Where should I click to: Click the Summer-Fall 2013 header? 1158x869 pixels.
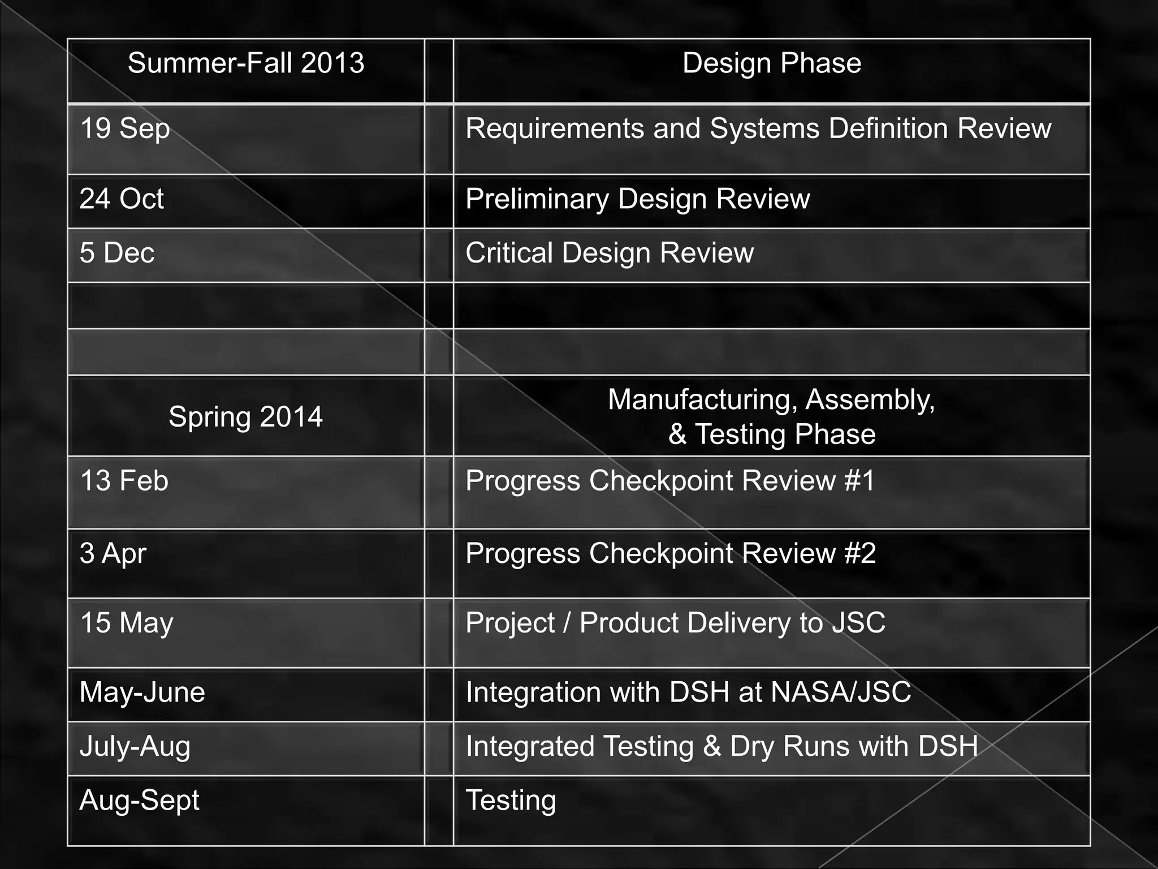coord(246,63)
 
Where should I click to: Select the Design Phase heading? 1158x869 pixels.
coord(772,63)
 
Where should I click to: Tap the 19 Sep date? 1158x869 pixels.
coord(125,128)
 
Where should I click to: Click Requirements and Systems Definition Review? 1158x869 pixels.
coord(758,128)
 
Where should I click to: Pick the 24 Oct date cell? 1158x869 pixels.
coord(122,199)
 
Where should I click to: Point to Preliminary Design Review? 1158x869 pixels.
coord(637,199)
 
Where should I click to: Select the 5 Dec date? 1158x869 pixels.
coord(117,252)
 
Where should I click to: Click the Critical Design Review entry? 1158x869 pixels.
coord(610,252)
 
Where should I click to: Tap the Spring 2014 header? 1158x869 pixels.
coord(246,417)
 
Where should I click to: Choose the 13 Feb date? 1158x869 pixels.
coord(124,481)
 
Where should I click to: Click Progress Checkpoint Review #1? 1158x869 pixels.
coord(670,481)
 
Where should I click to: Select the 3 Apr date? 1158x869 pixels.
coord(113,553)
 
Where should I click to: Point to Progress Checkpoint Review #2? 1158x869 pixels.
coord(671,553)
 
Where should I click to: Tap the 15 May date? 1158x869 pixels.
coord(127,623)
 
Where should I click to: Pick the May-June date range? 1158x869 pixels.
coord(142,692)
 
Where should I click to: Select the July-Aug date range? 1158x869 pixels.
coord(135,746)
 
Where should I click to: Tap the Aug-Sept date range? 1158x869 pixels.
coord(140,800)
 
